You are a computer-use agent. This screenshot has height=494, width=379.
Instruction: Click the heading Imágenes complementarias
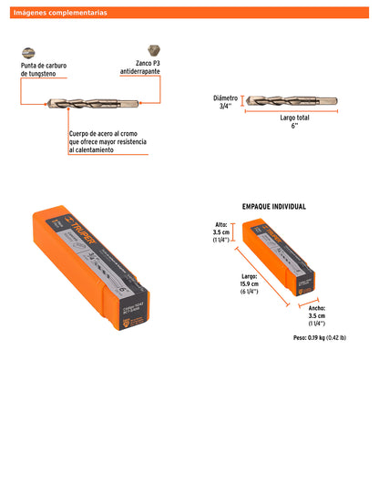(60, 13)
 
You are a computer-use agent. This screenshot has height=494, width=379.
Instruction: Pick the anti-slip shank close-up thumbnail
(150, 50)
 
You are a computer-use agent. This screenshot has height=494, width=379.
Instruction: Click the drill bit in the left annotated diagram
(91, 103)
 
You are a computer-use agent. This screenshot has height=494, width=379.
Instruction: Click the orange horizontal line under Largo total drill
(292, 112)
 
